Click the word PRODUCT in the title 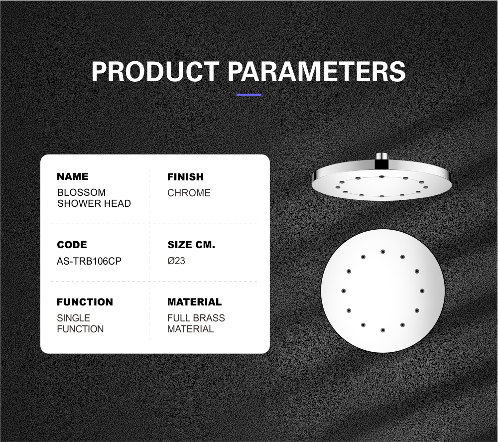[x=155, y=71]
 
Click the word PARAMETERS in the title [x=317, y=71]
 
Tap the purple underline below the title [x=249, y=95]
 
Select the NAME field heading [x=73, y=176]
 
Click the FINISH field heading [x=185, y=177]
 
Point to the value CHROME [x=189, y=193]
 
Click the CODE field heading [x=72, y=245]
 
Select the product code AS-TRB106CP [x=89, y=261]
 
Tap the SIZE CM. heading [x=191, y=245]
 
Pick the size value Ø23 [x=176, y=261]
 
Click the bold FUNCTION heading [x=85, y=302]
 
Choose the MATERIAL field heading [x=194, y=302]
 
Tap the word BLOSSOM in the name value [x=81, y=192]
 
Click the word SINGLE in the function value [x=73, y=318]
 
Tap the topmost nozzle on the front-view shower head [x=382, y=252]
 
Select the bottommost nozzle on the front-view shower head [x=382, y=330]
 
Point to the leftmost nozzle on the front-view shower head [x=343, y=291]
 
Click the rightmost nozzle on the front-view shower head [x=422, y=291]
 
